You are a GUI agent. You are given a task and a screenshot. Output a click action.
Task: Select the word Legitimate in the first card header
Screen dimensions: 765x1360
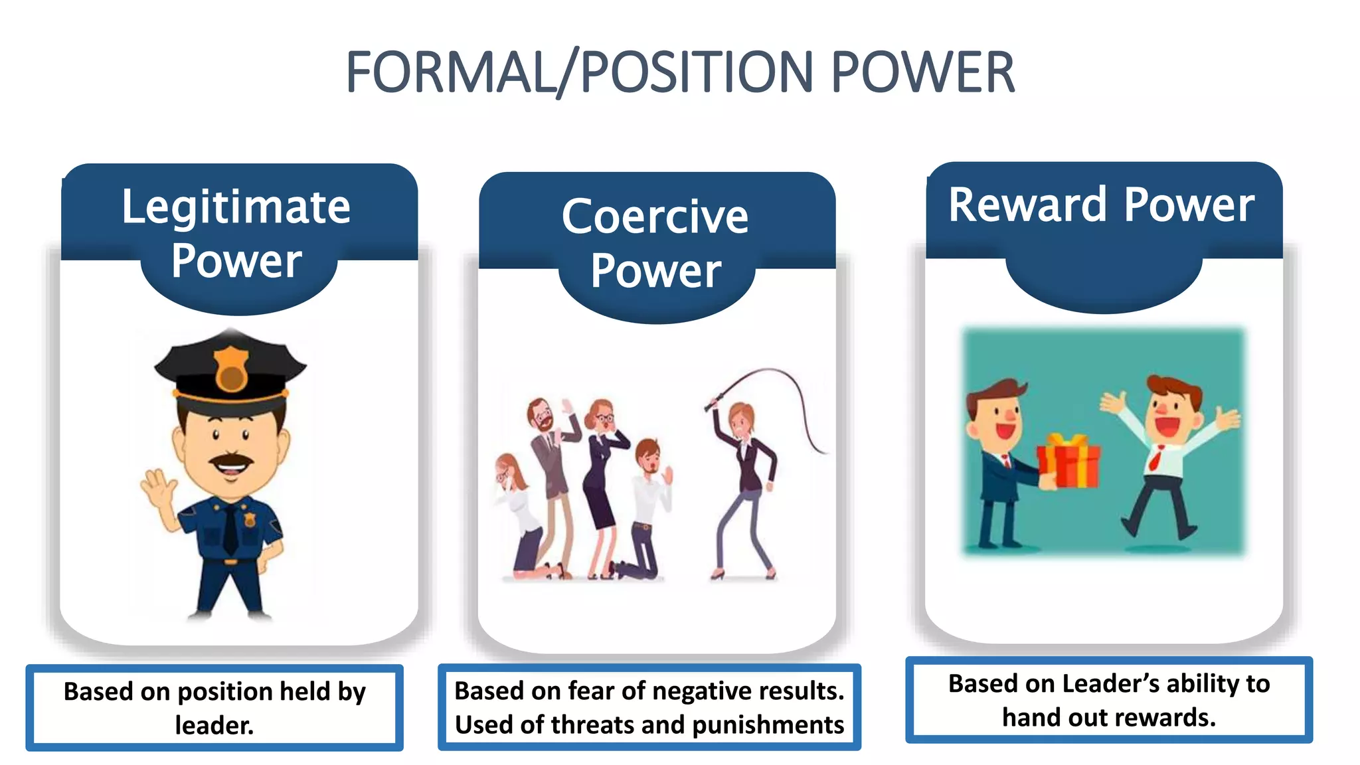point(236,207)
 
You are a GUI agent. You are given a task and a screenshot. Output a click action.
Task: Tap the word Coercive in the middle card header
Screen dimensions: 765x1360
point(655,216)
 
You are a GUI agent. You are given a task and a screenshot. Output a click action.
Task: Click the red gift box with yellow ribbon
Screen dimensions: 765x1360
point(1068,461)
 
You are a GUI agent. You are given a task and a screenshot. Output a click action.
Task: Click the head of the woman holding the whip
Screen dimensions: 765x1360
point(740,419)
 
